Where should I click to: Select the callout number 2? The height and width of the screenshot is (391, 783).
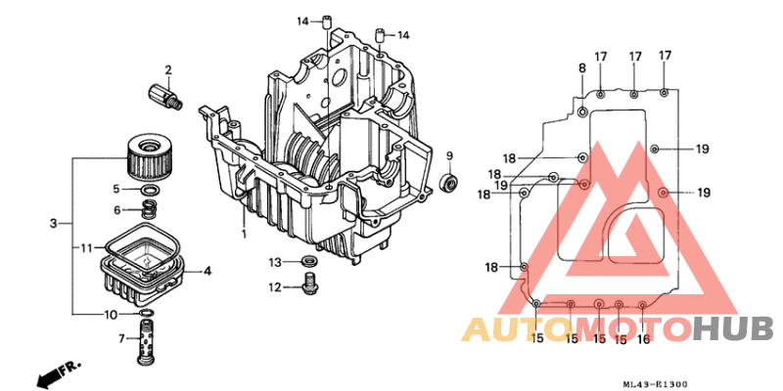168,69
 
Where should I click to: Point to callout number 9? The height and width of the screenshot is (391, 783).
450,156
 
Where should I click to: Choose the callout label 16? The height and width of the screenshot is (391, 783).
643,339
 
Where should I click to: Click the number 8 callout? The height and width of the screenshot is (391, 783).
581,67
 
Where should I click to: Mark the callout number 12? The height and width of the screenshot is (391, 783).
277,287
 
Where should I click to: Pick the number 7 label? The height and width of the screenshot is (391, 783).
123,339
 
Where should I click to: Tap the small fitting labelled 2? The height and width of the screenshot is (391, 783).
162,97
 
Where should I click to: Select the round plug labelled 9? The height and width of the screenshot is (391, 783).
450,182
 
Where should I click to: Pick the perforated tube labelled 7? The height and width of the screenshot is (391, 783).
148,342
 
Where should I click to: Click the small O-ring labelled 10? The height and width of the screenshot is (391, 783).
146,314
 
